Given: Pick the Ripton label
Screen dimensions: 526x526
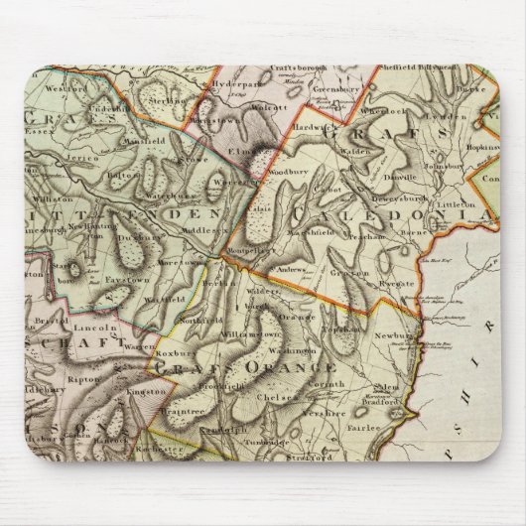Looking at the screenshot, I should tap(77, 378).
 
